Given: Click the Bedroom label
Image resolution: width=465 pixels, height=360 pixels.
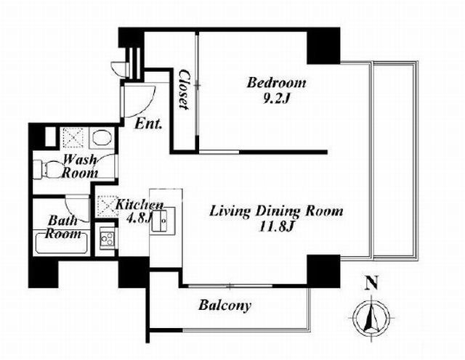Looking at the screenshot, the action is [276, 83].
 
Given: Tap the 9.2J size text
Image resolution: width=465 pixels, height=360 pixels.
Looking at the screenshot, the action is [276, 99].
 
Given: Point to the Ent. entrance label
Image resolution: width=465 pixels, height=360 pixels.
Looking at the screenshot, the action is [148, 124].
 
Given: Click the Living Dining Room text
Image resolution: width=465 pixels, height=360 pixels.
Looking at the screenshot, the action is [276, 211].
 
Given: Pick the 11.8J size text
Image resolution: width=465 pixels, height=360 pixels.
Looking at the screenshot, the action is [276, 228].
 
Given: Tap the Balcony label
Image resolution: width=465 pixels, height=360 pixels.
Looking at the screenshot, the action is [225, 305].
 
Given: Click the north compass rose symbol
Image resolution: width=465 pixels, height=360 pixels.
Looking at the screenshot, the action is [372, 316].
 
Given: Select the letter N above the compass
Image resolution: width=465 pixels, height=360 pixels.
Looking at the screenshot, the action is [372, 282].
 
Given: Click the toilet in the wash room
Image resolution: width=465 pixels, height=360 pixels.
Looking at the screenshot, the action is [47, 170].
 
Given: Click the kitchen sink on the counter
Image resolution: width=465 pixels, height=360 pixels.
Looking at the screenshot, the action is [163, 219].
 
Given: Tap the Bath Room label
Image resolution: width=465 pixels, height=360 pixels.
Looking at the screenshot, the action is [63, 227].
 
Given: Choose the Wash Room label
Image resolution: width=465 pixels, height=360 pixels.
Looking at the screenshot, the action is [79, 166].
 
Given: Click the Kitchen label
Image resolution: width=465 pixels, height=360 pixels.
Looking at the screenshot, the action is [139, 205].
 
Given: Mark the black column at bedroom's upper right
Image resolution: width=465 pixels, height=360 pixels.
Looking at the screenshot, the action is [323, 46].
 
